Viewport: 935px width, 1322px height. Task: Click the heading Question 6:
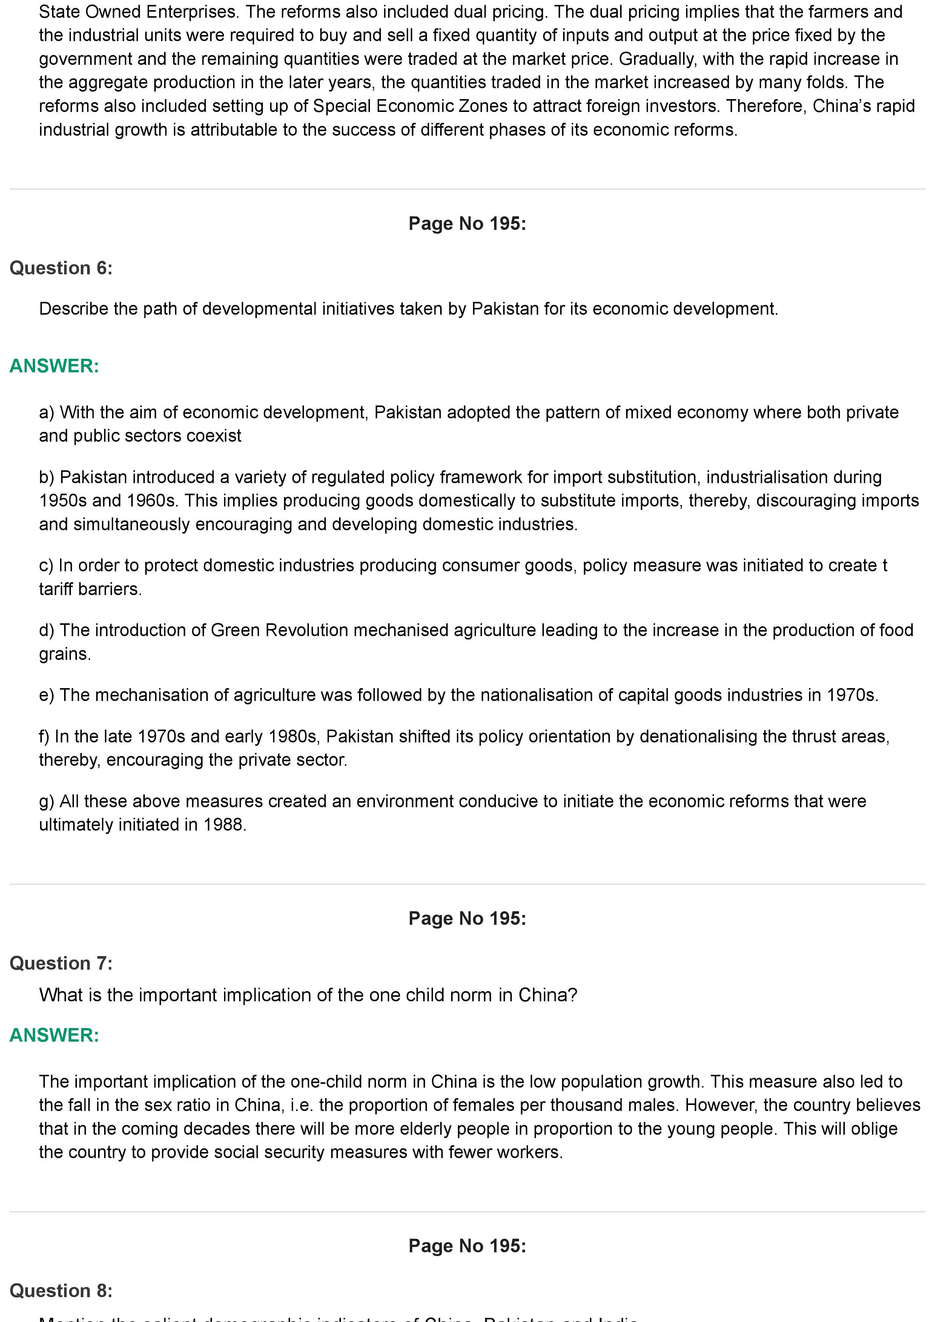pos(61,268)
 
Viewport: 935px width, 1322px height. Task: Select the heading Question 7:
pos(61,963)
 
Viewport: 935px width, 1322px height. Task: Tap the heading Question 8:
pos(61,1291)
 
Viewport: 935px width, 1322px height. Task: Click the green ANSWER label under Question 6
pos(54,366)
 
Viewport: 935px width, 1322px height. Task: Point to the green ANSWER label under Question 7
pos(54,1035)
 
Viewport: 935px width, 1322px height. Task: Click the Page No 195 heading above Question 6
pos(467,223)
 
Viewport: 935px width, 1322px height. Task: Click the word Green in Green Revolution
pos(231,630)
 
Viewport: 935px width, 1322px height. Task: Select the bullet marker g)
pos(47,802)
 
